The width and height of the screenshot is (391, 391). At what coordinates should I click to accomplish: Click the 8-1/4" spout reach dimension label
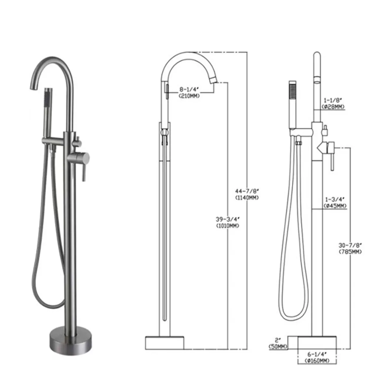tap(189, 89)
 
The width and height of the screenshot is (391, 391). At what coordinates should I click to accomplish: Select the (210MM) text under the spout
tap(189, 96)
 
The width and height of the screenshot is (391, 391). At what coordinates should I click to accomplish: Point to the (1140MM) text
tap(246, 197)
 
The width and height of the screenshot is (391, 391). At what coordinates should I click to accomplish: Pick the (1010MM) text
tap(227, 225)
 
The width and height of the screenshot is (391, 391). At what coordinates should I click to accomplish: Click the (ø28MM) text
tap(333, 107)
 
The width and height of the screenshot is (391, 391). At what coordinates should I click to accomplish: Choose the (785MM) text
tap(350, 252)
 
